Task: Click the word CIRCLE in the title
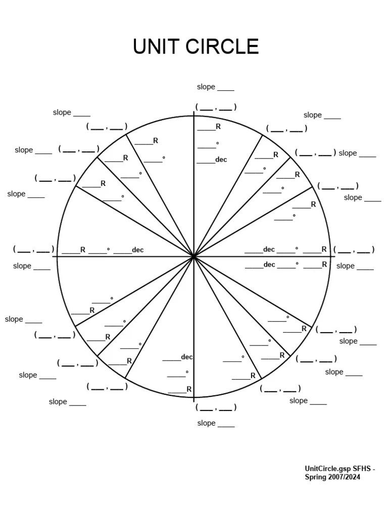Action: [x=222, y=46]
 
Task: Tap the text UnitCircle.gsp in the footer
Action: [x=327, y=469]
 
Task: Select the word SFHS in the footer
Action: [x=362, y=469]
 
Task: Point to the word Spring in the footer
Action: [x=315, y=477]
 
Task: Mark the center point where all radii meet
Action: [x=193, y=256]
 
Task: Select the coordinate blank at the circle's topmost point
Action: [x=216, y=107]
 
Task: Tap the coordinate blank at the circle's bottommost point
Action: [x=216, y=407]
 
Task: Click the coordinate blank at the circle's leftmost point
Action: [x=34, y=249]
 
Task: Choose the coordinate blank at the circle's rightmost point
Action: [x=354, y=249]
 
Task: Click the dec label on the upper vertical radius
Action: [x=221, y=160]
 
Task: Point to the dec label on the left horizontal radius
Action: [x=137, y=250]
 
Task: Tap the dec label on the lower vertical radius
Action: [x=187, y=357]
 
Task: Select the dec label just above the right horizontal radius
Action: [x=269, y=249]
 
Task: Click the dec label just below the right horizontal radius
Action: [x=269, y=265]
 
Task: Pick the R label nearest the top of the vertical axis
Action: [x=218, y=127]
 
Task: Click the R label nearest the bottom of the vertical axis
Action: [x=189, y=389]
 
